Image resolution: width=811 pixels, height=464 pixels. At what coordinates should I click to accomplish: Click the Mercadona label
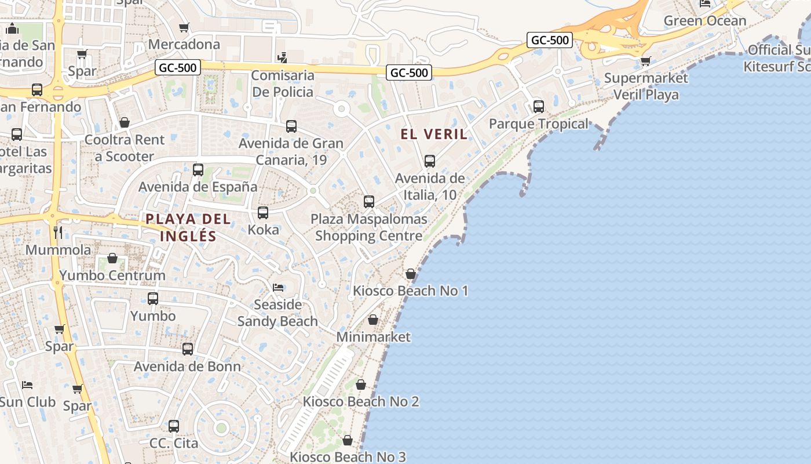tap(184, 44)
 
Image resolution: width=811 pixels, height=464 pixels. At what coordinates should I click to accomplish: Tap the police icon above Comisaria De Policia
tap(282, 57)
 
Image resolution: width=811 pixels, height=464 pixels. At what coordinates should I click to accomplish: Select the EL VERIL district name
tap(434, 134)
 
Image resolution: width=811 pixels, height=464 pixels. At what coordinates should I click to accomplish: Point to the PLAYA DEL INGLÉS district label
tap(188, 227)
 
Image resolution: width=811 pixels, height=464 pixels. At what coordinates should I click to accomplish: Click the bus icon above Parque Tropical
tap(539, 107)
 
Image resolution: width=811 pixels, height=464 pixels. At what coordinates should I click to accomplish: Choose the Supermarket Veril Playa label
tap(646, 86)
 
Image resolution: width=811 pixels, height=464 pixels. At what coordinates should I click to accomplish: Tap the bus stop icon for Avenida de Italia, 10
tap(430, 161)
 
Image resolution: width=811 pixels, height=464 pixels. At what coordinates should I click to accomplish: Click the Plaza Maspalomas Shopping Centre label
tap(369, 227)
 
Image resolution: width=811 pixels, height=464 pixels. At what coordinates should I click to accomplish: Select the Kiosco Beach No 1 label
tap(411, 291)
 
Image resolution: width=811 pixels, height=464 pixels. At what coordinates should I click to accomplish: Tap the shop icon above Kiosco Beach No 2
tap(361, 385)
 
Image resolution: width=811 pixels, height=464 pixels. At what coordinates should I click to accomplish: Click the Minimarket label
tap(373, 337)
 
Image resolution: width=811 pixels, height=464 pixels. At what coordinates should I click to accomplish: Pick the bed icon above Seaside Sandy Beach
tap(278, 288)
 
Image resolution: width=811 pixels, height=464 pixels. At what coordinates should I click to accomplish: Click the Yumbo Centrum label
tap(112, 275)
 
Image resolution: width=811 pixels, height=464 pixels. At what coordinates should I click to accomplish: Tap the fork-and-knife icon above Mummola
tap(58, 233)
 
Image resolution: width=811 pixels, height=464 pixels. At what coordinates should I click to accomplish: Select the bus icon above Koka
tap(263, 213)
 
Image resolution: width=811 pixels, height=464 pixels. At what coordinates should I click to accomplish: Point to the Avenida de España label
tap(198, 187)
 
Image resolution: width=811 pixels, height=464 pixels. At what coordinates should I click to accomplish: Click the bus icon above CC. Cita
tap(174, 426)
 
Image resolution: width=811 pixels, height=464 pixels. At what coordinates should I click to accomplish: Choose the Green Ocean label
tap(705, 21)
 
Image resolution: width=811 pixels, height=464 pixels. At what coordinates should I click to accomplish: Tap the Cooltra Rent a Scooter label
tap(125, 148)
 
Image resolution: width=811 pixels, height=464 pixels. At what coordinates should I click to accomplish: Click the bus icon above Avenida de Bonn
tap(188, 349)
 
